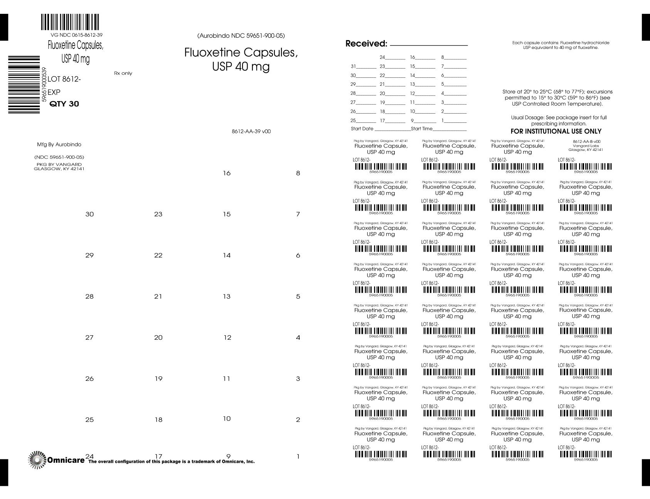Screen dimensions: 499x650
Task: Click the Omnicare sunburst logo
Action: [37, 460]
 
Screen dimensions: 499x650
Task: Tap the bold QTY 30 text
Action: [64, 104]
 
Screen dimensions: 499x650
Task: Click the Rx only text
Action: [123, 73]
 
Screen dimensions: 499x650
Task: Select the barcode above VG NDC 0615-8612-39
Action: [70, 22]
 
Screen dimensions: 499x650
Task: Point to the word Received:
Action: [366, 44]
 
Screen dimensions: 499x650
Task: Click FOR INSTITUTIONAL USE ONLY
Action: [556, 131]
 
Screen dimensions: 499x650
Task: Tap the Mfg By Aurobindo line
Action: [59, 144]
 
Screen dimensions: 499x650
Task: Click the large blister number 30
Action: [89, 214]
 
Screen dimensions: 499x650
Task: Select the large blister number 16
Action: [227, 173]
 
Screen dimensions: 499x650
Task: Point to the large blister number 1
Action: [298, 457]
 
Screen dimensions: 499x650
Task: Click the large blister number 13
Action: [227, 296]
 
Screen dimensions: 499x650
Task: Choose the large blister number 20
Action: [158, 338]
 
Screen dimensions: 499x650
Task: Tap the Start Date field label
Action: [362, 129]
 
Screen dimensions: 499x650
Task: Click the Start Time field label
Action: [422, 129]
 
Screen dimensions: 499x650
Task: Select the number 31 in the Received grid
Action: [353, 66]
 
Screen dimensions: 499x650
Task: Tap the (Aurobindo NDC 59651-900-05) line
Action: [241, 36]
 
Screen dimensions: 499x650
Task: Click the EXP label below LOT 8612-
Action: [54, 92]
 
